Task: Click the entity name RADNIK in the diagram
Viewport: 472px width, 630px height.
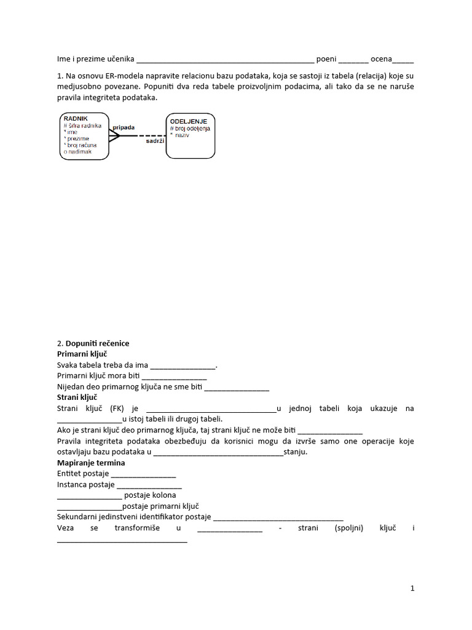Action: [76, 118]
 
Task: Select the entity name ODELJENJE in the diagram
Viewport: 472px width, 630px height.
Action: [192, 121]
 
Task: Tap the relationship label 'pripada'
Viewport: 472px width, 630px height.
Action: [123, 127]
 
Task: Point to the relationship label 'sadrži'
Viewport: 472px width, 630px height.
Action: [155, 141]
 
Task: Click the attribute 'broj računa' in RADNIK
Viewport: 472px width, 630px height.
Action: [82, 145]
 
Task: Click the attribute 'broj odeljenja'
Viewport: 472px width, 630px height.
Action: [192, 129]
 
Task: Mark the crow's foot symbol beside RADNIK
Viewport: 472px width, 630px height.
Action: [114, 135]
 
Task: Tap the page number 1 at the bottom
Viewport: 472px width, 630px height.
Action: [412, 588]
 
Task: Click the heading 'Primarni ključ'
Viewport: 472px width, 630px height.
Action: [82, 354]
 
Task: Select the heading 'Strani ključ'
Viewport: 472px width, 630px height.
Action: [77, 397]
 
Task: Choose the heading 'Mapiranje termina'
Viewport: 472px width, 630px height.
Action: [91, 463]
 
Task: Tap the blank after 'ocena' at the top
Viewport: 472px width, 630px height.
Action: [403, 61]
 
